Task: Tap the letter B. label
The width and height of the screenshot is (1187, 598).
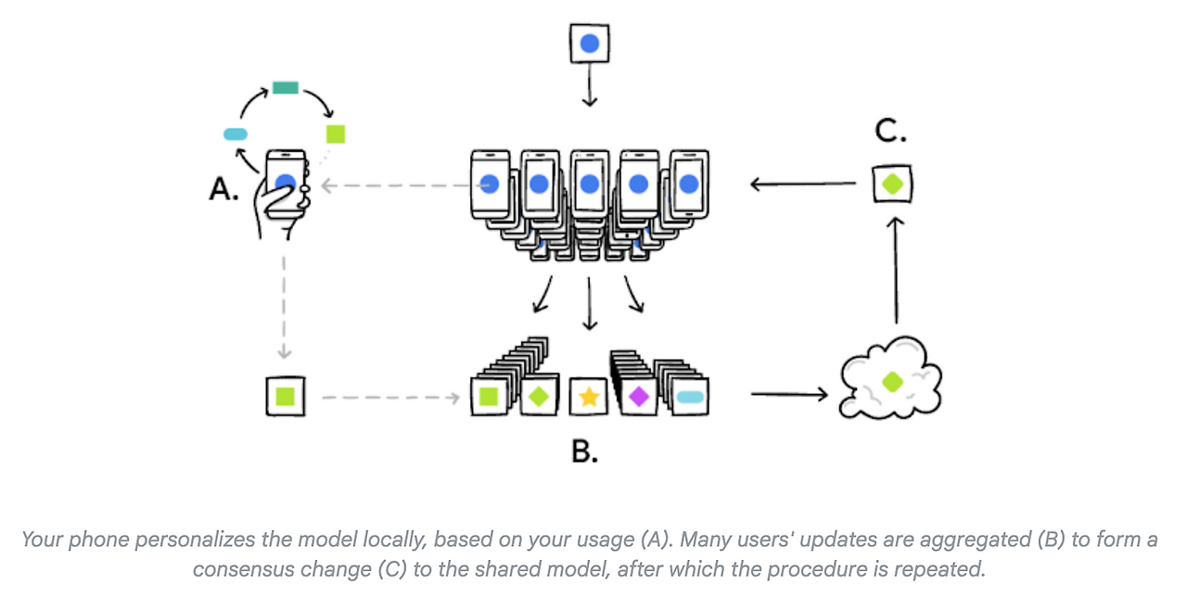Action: (584, 452)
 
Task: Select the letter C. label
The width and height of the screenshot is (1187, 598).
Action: (890, 132)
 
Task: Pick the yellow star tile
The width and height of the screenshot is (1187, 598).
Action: (588, 398)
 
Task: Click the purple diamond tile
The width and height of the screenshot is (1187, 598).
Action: (638, 397)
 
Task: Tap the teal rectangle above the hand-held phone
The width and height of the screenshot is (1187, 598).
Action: (286, 88)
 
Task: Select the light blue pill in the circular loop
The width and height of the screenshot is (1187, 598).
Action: (236, 134)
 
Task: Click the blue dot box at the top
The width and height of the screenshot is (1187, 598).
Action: (589, 44)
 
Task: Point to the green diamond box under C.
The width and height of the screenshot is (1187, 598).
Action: (892, 184)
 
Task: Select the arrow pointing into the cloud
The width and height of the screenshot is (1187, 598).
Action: (788, 395)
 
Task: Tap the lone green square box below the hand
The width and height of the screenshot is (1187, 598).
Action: (285, 397)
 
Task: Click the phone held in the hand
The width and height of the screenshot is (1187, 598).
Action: (286, 182)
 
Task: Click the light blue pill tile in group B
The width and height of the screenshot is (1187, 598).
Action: (690, 398)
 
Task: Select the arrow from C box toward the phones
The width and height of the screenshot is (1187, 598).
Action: (802, 184)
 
